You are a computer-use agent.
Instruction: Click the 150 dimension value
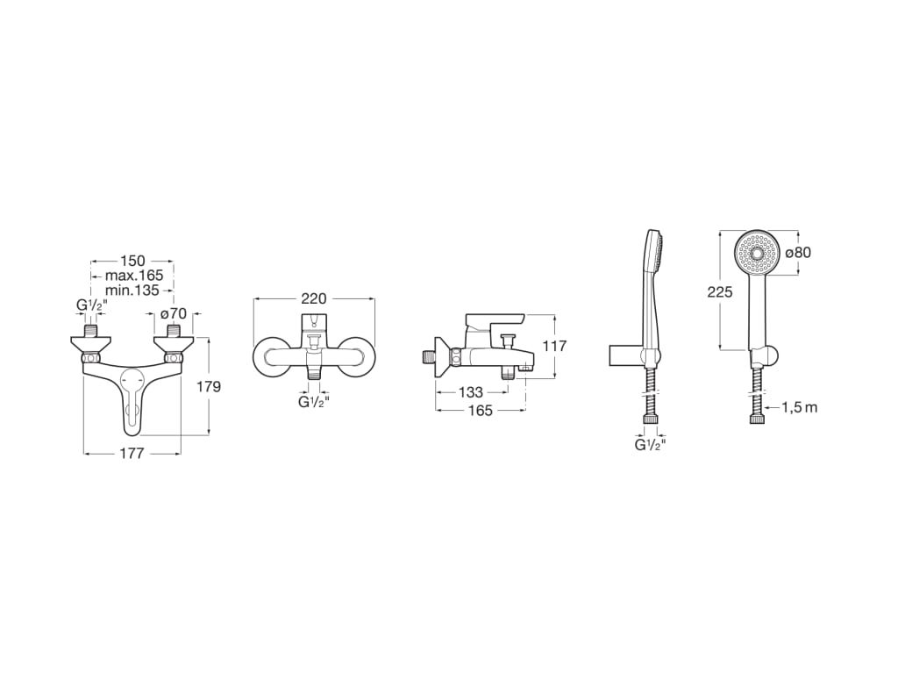point(132,261)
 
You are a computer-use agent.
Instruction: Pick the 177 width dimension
point(132,453)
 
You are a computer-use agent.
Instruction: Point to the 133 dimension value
point(470,392)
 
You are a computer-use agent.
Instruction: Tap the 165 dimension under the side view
point(480,410)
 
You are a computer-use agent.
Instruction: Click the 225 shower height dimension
point(720,292)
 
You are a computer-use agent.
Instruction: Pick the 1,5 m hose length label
point(799,407)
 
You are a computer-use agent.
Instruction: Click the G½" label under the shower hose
point(650,445)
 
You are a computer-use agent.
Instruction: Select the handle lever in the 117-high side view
point(495,320)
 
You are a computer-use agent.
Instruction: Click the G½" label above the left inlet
point(91,306)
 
